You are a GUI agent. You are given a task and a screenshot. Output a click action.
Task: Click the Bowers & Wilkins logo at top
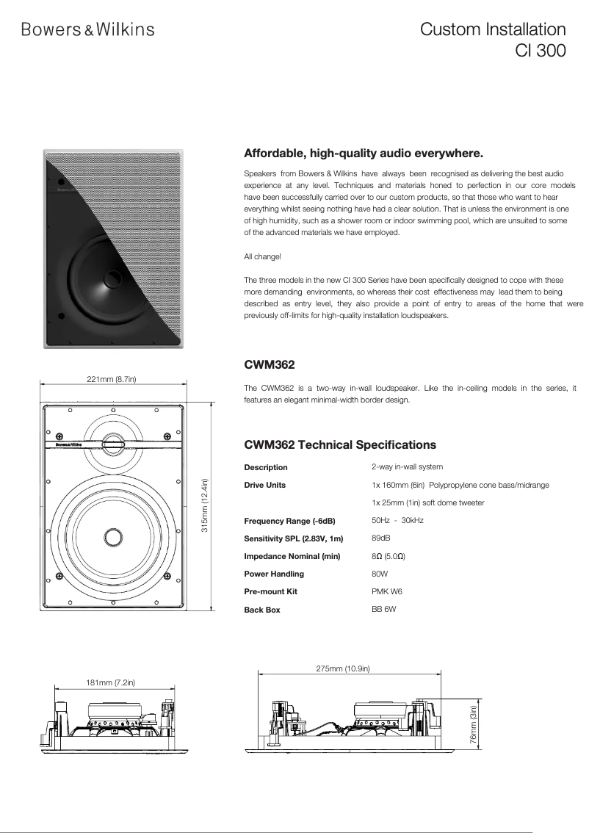[x=87, y=29]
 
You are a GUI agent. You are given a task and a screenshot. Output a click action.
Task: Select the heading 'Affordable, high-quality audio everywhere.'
[x=363, y=154]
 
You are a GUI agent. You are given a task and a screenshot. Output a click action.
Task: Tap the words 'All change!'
[x=262, y=256]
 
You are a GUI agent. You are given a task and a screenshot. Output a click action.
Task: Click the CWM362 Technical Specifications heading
[x=339, y=444]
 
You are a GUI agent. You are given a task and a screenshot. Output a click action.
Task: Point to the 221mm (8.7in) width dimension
[x=112, y=379]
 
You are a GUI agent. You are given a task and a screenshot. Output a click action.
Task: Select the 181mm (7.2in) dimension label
[x=110, y=682]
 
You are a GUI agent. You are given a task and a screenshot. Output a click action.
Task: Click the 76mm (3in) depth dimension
[x=473, y=723]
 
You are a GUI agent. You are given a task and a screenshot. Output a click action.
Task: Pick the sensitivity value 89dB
[x=381, y=538]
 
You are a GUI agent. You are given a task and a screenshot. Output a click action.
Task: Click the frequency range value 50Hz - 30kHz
[x=397, y=520]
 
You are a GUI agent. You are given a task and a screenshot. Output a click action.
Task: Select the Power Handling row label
[x=273, y=574]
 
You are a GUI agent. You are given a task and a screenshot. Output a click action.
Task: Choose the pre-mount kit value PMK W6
[x=387, y=591]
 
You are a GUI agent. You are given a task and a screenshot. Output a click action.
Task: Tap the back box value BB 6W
[x=383, y=609]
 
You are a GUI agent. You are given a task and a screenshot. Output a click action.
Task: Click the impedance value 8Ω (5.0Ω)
[x=389, y=556]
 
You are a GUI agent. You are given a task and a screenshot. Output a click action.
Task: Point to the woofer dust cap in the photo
[x=115, y=278]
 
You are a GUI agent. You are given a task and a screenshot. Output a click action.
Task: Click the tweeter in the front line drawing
[x=112, y=441]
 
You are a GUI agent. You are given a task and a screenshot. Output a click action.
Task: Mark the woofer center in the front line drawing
[x=112, y=536]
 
